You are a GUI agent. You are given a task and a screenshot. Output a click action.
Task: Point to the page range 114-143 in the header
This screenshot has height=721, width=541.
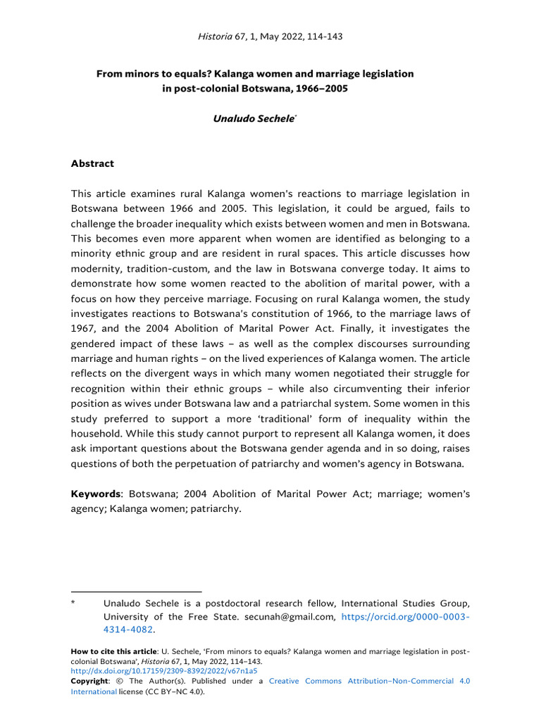324,37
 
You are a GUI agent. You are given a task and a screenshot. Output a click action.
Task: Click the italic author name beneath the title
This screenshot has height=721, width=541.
254,119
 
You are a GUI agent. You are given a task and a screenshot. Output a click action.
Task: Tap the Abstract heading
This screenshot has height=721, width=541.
92,163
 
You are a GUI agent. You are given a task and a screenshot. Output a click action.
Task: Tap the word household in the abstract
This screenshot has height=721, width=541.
99,434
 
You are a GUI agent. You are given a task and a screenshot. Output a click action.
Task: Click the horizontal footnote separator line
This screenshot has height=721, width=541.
136,591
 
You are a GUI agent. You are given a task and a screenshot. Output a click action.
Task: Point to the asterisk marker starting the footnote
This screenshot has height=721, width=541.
73,603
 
